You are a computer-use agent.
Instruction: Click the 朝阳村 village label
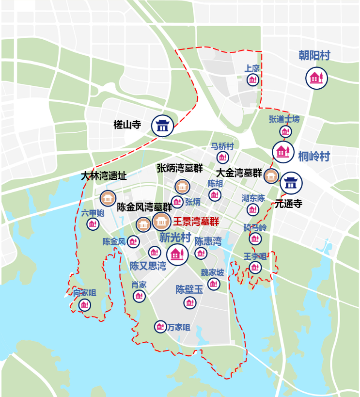pyautogui.click(x=314, y=56)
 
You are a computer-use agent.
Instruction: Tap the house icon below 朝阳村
pyautogui.click(x=316, y=78)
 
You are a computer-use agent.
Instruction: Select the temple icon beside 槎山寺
pyautogui.click(x=162, y=126)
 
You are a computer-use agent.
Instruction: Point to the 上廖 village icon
pyautogui.click(x=252, y=80)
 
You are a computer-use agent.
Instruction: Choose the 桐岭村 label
pyautogui.click(x=314, y=157)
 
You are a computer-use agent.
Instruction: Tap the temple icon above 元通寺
pyautogui.click(x=291, y=183)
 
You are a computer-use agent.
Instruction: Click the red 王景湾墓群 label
pyautogui.click(x=197, y=222)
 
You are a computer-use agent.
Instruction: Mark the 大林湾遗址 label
pyautogui.click(x=104, y=176)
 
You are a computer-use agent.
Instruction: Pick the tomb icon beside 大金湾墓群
pyautogui.click(x=271, y=176)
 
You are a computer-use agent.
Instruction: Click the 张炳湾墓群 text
pyautogui.click(x=180, y=168)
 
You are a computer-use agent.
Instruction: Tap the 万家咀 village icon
pyautogui.click(x=160, y=327)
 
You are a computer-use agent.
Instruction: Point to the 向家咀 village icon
pyautogui.click(x=85, y=305)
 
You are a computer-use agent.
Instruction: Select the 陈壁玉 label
pyautogui.click(x=189, y=290)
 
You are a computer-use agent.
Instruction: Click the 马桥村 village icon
pyautogui.click(x=222, y=157)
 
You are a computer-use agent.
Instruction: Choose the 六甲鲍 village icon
pyautogui.click(x=93, y=224)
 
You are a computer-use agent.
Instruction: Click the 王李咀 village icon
pyautogui.click(x=255, y=267)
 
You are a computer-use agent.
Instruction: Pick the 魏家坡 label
pyautogui.click(x=213, y=272)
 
